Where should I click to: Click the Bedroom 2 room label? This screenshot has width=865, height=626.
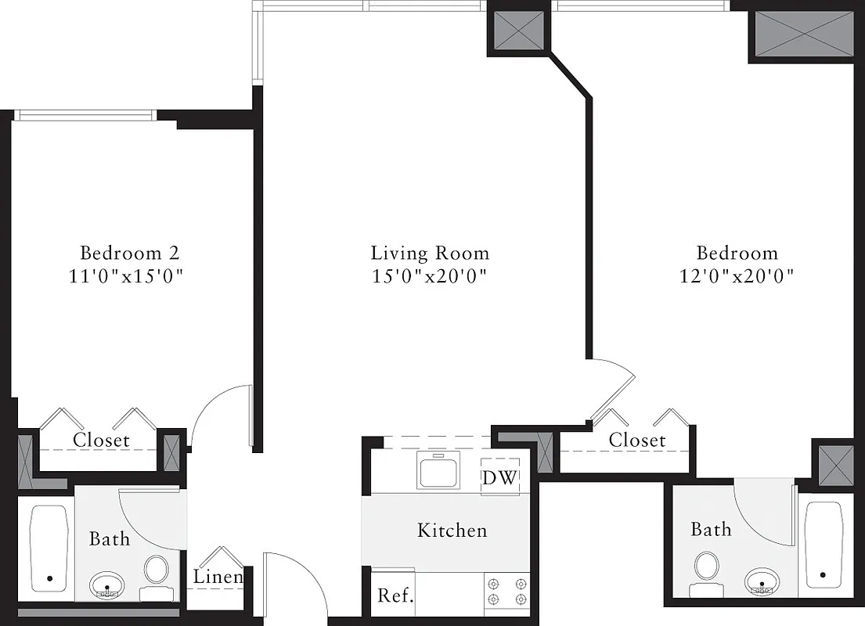(130, 254)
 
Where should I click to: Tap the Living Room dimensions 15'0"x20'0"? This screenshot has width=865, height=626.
(430, 276)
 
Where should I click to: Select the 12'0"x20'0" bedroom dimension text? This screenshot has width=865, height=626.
(737, 276)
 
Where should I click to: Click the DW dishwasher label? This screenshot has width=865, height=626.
(499, 478)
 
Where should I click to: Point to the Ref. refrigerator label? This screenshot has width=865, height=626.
(395, 595)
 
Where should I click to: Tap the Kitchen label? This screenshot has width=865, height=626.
(452, 531)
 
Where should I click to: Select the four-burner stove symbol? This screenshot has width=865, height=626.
(506, 591)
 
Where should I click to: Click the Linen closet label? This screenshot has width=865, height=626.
(218, 577)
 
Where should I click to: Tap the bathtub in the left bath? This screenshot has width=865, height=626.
(49, 549)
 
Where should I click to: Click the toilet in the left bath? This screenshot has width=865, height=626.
(157, 571)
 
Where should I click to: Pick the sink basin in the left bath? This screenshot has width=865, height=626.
(106, 585)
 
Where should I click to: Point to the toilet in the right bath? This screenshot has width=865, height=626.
(707, 567)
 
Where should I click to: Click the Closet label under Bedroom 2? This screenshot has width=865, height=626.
(101, 441)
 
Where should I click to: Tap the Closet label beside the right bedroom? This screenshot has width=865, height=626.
(637, 441)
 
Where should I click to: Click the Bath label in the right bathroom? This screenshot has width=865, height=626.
(711, 530)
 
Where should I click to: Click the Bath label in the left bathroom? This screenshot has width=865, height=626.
(110, 538)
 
